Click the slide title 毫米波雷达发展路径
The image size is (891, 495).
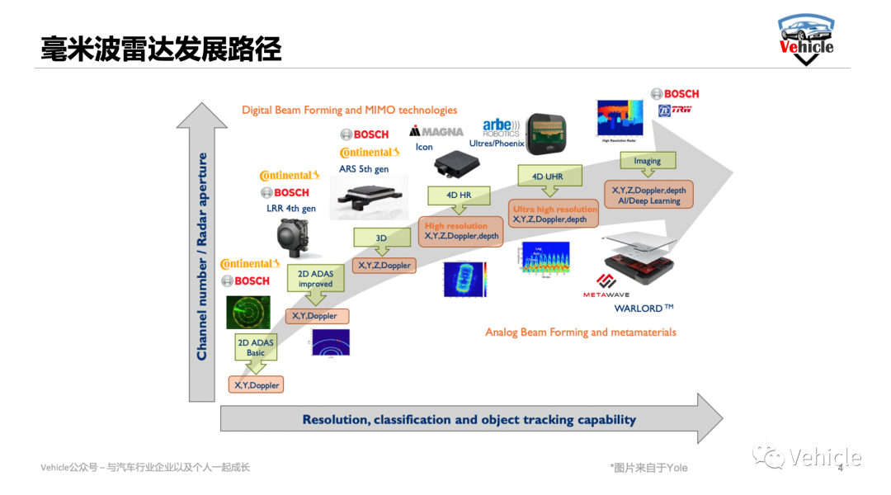click(x=162, y=49)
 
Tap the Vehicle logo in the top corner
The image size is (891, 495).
click(x=806, y=39)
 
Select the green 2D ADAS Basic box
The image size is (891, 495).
click(x=256, y=347)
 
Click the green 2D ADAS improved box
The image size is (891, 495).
click(x=315, y=278)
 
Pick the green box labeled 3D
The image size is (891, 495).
click(x=381, y=238)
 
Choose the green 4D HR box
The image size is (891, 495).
click(x=458, y=196)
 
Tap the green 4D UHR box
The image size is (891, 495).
click(x=549, y=176)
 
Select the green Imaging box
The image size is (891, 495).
click(x=647, y=161)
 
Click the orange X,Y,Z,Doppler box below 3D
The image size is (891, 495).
click(x=384, y=266)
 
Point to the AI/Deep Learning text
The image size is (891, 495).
click(x=649, y=200)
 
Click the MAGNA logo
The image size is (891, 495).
click(x=436, y=131)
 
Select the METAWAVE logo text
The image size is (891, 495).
click(x=606, y=295)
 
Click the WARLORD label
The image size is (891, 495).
click(x=643, y=309)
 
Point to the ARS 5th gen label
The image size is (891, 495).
click(x=364, y=169)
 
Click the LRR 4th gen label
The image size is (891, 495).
click(x=290, y=209)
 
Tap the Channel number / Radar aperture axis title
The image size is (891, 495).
click(x=202, y=256)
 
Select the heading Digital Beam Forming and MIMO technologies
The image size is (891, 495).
click(x=349, y=110)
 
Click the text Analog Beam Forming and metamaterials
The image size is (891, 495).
click(x=580, y=332)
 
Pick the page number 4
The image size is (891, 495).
click(x=840, y=469)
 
